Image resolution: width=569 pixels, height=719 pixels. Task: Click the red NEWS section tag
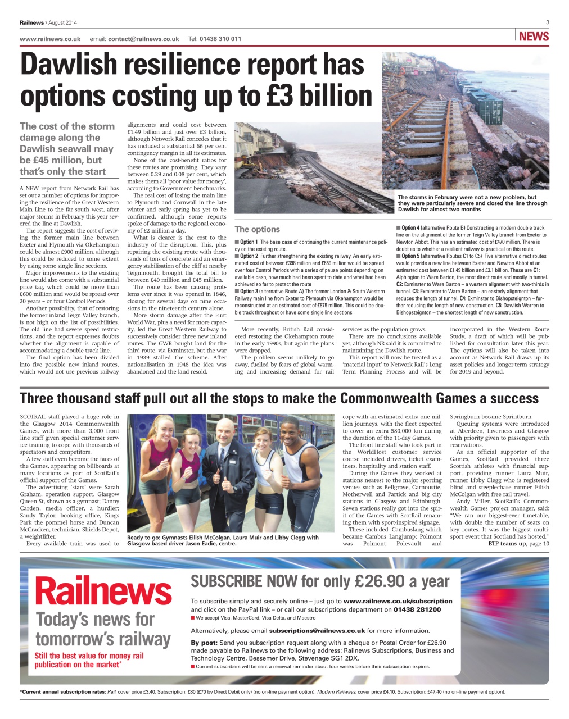coord(534,37)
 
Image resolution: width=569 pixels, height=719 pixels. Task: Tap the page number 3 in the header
coord(547,22)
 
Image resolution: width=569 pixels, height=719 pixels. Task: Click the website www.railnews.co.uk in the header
coord(50,39)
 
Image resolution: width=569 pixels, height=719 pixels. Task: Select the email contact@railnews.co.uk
coord(143,39)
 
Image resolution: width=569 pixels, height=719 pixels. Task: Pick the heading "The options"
coord(257,229)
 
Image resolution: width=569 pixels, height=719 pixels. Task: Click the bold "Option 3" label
coord(249,292)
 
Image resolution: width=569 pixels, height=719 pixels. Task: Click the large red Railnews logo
coord(103,591)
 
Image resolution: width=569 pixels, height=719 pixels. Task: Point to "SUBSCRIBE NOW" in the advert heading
coord(243,581)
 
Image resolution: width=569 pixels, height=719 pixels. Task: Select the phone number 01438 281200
coord(417,609)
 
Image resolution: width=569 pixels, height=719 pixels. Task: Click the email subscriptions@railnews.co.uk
coord(317,631)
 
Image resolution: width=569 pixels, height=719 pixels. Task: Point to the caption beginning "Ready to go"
coord(223,540)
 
